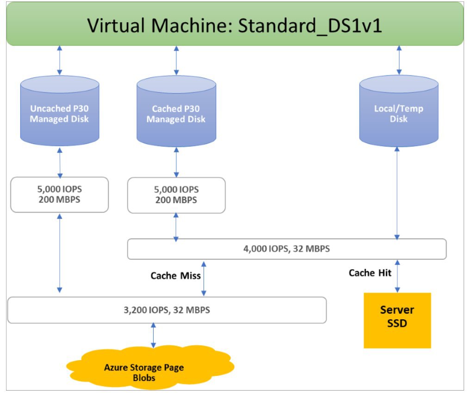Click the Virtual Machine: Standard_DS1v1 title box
coord(235,24)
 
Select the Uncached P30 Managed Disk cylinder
coord(60,111)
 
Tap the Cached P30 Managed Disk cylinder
coord(176,111)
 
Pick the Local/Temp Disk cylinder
coord(399,111)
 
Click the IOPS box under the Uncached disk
coord(60,194)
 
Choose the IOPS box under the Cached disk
coord(176,195)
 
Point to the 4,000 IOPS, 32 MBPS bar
coord(287,249)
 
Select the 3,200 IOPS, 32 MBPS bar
coord(167,310)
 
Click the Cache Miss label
coord(175,275)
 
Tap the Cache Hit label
coord(370,273)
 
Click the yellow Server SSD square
coord(397,320)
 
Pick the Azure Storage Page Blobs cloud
coord(150,368)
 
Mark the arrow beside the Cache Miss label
coord(204,279)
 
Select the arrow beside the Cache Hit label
coord(397,276)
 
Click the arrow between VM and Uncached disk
coord(60,60)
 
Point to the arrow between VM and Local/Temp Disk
coord(399,60)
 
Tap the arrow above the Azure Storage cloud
coord(153,335)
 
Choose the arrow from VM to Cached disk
coord(176,61)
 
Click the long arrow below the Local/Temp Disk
coord(397,193)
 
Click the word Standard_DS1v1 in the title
coord(310,25)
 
